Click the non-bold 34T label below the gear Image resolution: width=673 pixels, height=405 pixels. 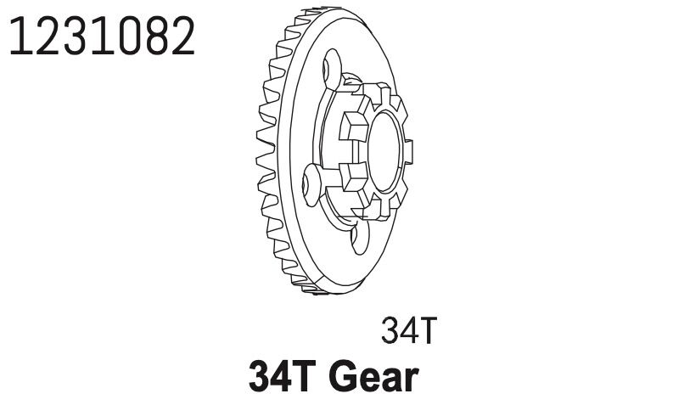point(408,332)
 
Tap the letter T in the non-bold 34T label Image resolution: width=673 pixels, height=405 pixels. point(426,332)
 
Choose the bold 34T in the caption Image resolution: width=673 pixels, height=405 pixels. point(281,377)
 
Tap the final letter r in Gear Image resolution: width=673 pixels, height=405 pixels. point(411,379)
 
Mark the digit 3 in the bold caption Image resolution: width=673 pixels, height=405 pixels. point(259,377)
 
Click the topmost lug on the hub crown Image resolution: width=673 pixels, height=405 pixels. point(371,91)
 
